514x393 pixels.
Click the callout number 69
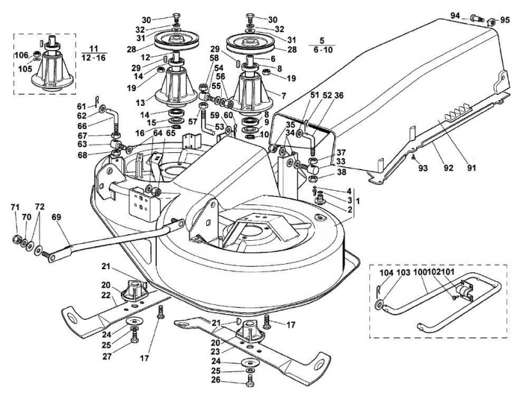tap(57, 218)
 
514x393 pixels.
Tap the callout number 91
tap(472, 168)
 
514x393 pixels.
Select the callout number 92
tap(448, 168)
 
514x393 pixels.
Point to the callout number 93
tap(424, 168)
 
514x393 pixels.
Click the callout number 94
tap(455, 15)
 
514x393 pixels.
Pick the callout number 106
tap(22, 55)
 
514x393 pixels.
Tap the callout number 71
tap(15, 207)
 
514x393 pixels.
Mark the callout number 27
tap(107, 356)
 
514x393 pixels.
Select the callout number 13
tap(140, 103)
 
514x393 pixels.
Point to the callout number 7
tap(283, 96)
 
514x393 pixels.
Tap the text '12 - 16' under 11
tap(94, 58)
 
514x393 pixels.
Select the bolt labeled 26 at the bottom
tap(250, 381)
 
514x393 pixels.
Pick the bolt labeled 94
tap(477, 18)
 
